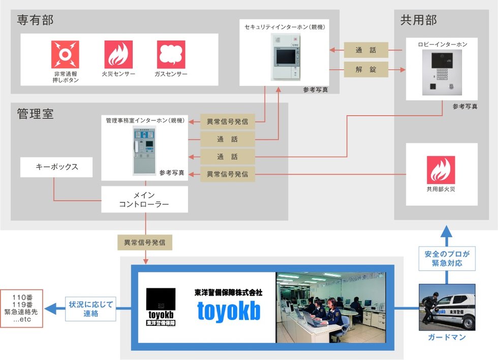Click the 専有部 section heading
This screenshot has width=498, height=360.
35,20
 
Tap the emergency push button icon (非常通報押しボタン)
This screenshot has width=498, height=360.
65,54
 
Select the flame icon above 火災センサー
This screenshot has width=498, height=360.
118,54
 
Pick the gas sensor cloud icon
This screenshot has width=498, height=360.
171,54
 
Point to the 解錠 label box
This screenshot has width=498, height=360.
366,69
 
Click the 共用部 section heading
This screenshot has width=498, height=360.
418,20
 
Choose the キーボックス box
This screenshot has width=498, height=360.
56,167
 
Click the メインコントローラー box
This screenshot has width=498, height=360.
144,199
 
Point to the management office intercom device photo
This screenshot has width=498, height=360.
144,151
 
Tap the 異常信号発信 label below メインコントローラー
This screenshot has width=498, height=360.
144,243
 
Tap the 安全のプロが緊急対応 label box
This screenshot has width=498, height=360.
446,259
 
